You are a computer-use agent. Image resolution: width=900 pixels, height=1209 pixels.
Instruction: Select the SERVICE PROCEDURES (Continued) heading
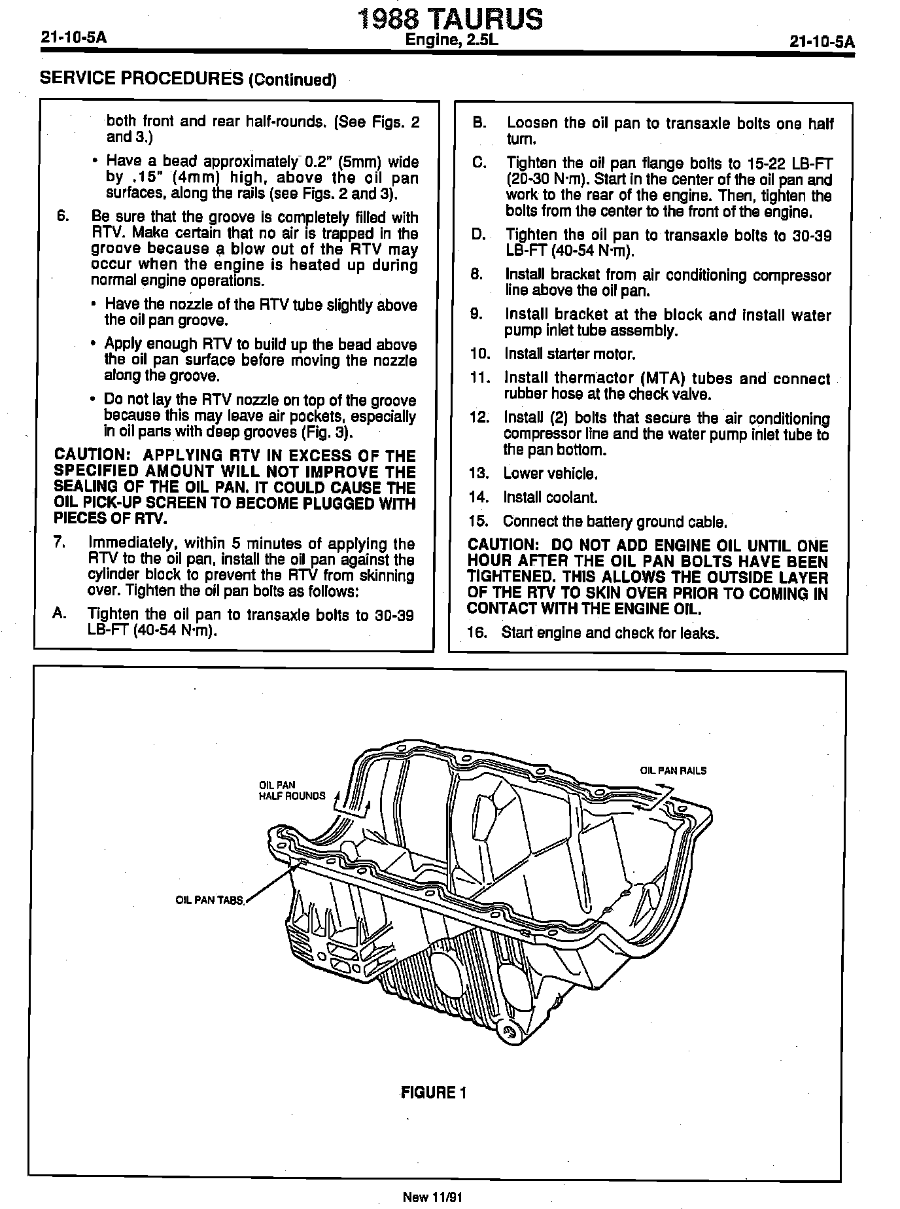[x=188, y=79]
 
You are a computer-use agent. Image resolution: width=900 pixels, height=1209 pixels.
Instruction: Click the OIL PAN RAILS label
[x=673, y=771]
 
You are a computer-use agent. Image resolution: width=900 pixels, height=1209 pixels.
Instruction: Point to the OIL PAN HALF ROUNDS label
[x=292, y=790]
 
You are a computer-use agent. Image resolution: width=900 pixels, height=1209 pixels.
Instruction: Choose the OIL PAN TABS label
[x=209, y=900]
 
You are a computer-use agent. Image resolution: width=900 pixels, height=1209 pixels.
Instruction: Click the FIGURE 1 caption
[x=434, y=1093]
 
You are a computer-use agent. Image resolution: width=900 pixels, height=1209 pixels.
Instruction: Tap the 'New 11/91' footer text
[x=432, y=1197]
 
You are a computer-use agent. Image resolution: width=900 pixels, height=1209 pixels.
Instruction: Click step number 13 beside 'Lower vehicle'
[x=479, y=474]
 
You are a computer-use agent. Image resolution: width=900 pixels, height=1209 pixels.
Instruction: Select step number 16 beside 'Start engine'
[x=478, y=633]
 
